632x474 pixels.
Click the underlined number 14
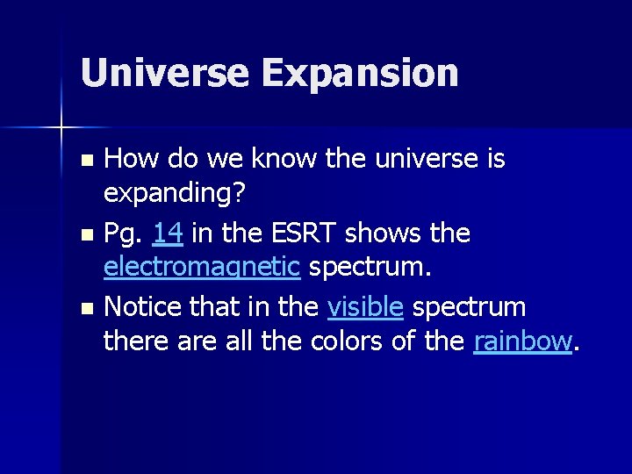click(x=168, y=233)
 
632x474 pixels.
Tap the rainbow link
click(x=522, y=341)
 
